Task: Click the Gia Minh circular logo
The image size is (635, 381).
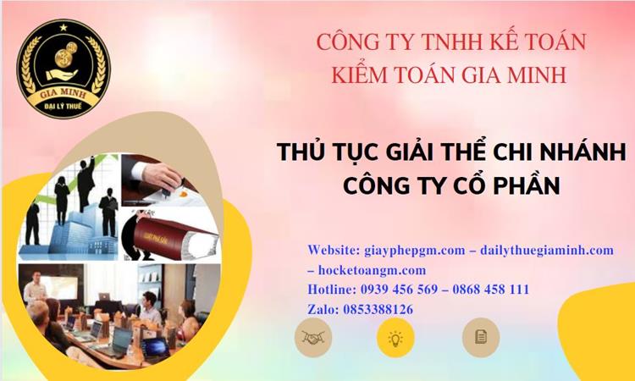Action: pyautogui.click(x=64, y=69)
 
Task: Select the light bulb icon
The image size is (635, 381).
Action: pyautogui.click(x=395, y=337)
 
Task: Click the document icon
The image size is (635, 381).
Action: pyautogui.click(x=480, y=337)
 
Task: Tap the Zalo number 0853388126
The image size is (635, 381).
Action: pyautogui.click(x=378, y=309)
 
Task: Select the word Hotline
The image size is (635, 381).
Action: pyautogui.click(x=331, y=290)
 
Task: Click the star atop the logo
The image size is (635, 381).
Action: pyautogui.click(x=64, y=27)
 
